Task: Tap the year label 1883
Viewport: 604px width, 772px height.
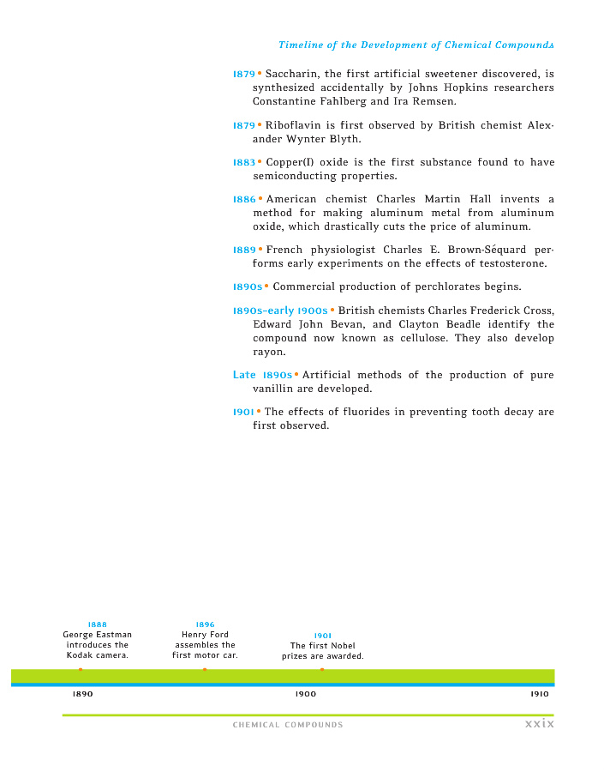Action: (244, 162)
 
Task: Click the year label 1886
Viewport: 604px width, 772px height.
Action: (244, 200)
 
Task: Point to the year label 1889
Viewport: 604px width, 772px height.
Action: (244, 250)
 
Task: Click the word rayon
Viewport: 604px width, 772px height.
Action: (269, 352)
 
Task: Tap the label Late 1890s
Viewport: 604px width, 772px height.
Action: (262, 375)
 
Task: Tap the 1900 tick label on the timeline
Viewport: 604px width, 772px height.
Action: (305, 694)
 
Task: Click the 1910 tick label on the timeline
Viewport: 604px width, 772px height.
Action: (540, 694)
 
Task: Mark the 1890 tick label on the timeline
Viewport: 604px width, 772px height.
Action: (82, 694)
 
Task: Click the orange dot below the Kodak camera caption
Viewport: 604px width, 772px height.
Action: (81, 669)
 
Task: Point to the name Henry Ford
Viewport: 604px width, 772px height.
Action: (205, 635)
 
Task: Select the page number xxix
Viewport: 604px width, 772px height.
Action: (540, 724)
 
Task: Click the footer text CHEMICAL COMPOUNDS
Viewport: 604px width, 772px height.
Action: (288, 725)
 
